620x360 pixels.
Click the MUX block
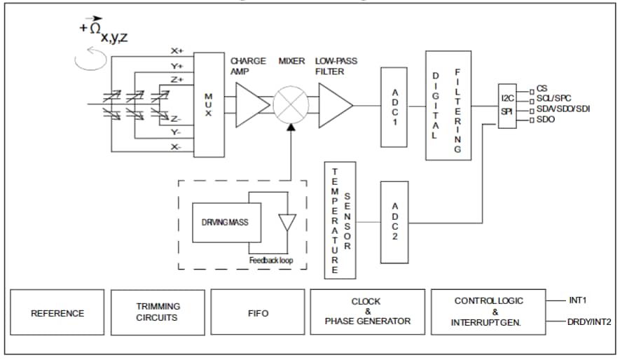tap(208, 104)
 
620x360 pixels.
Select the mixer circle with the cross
tap(291, 105)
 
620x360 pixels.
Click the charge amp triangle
tap(252, 105)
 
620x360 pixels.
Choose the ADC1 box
tap(394, 107)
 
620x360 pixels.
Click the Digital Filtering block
tap(448, 105)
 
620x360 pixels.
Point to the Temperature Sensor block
tap(341, 219)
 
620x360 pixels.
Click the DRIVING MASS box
tap(226, 223)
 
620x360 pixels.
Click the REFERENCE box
tap(57, 313)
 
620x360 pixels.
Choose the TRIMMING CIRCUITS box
tap(158, 312)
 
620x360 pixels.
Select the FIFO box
tap(258, 313)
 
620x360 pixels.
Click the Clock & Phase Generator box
tap(367, 312)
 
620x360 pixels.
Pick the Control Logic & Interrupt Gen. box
tap(488, 312)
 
